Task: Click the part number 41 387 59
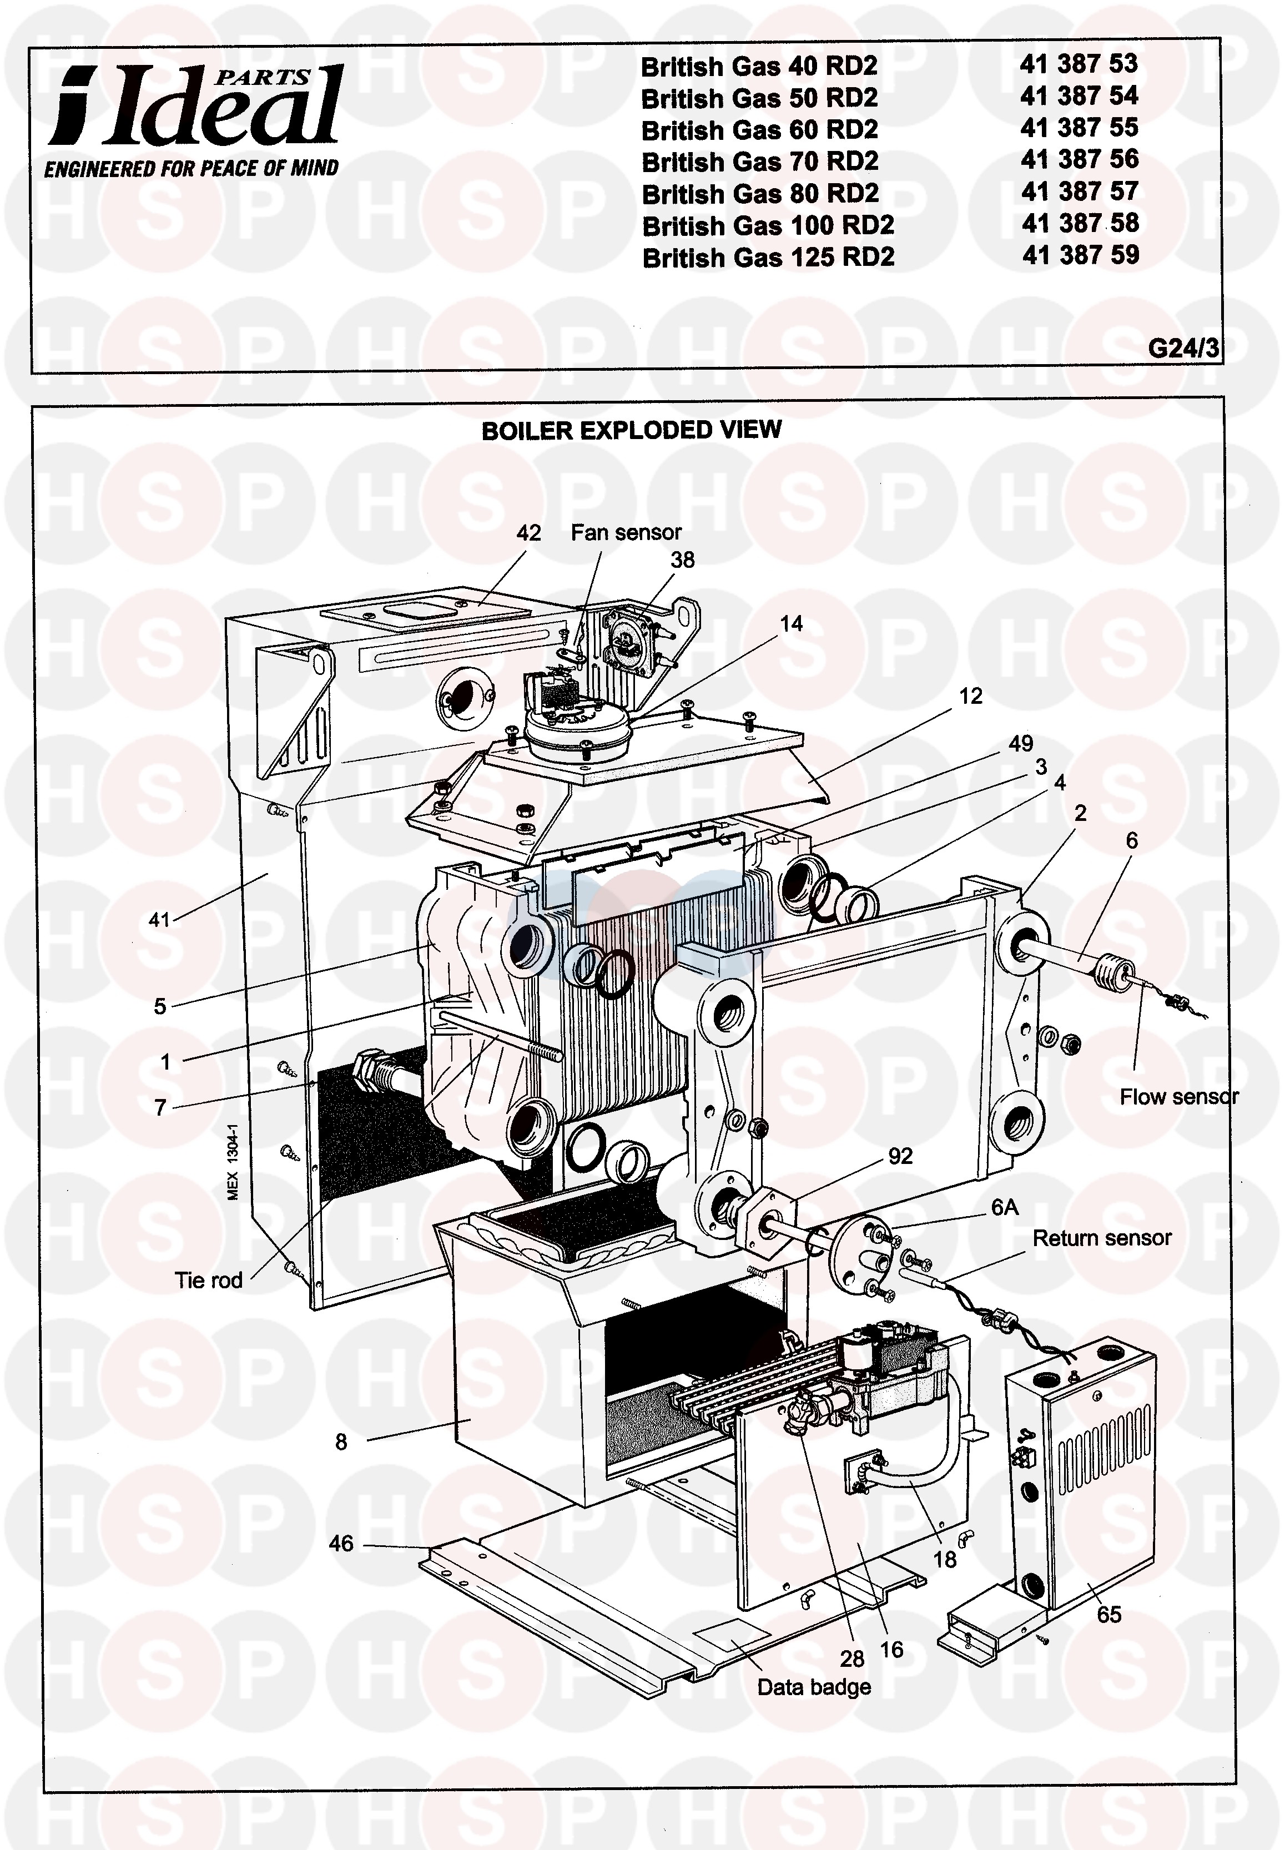[1081, 256]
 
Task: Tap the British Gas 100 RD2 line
[768, 225]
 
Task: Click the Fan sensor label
[626, 532]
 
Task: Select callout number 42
[528, 533]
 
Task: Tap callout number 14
[790, 623]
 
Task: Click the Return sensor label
[1101, 1237]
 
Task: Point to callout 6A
[1004, 1207]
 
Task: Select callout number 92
[900, 1156]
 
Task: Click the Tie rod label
[209, 1280]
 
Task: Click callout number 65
[1108, 1614]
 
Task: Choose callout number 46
[341, 1542]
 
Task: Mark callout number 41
[159, 919]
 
